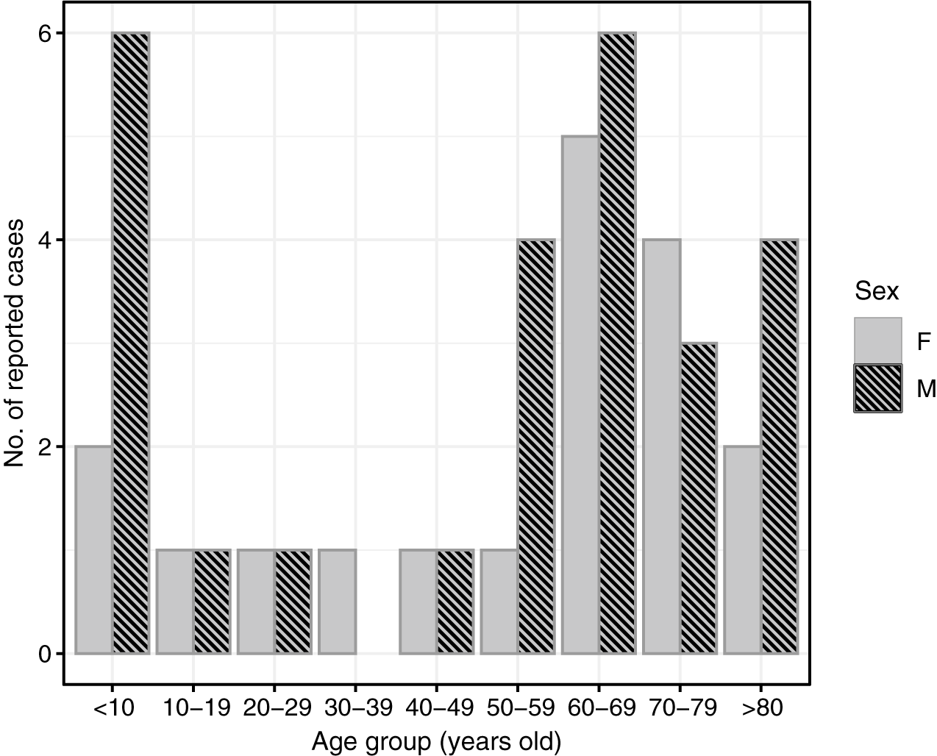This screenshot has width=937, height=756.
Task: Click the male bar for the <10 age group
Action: pyautogui.click(x=131, y=343)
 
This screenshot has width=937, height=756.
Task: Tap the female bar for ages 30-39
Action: pyautogui.click(x=337, y=601)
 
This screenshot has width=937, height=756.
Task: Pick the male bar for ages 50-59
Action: pyautogui.click(x=536, y=446)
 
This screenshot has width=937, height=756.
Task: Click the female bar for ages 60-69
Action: pyautogui.click(x=580, y=395)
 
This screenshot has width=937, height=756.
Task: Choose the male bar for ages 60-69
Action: pyautogui.click(x=617, y=343)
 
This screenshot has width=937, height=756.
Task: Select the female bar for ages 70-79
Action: pyautogui.click(x=661, y=446)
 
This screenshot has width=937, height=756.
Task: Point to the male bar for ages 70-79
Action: pyautogui.click(x=699, y=498)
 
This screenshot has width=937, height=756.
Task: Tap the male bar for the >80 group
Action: pyautogui.click(x=780, y=446)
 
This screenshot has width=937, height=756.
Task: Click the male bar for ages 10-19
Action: pyautogui.click(x=212, y=601)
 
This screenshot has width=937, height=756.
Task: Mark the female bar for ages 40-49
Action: pyautogui.click(x=418, y=601)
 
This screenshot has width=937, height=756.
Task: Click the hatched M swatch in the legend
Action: pyautogui.click(x=877, y=388)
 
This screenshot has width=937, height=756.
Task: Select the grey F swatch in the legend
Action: pyautogui.click(x=877, y=341)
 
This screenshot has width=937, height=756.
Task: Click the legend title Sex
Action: pyautogui.click(x=877, y=292)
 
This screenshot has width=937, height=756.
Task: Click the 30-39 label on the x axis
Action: pyautogui.click(x=355, y=710)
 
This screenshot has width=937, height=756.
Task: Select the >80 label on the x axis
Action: pyautogui.click(x=762, y=710)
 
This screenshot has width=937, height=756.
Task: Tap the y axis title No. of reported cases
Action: pyautogui.click(x=16, y=343)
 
